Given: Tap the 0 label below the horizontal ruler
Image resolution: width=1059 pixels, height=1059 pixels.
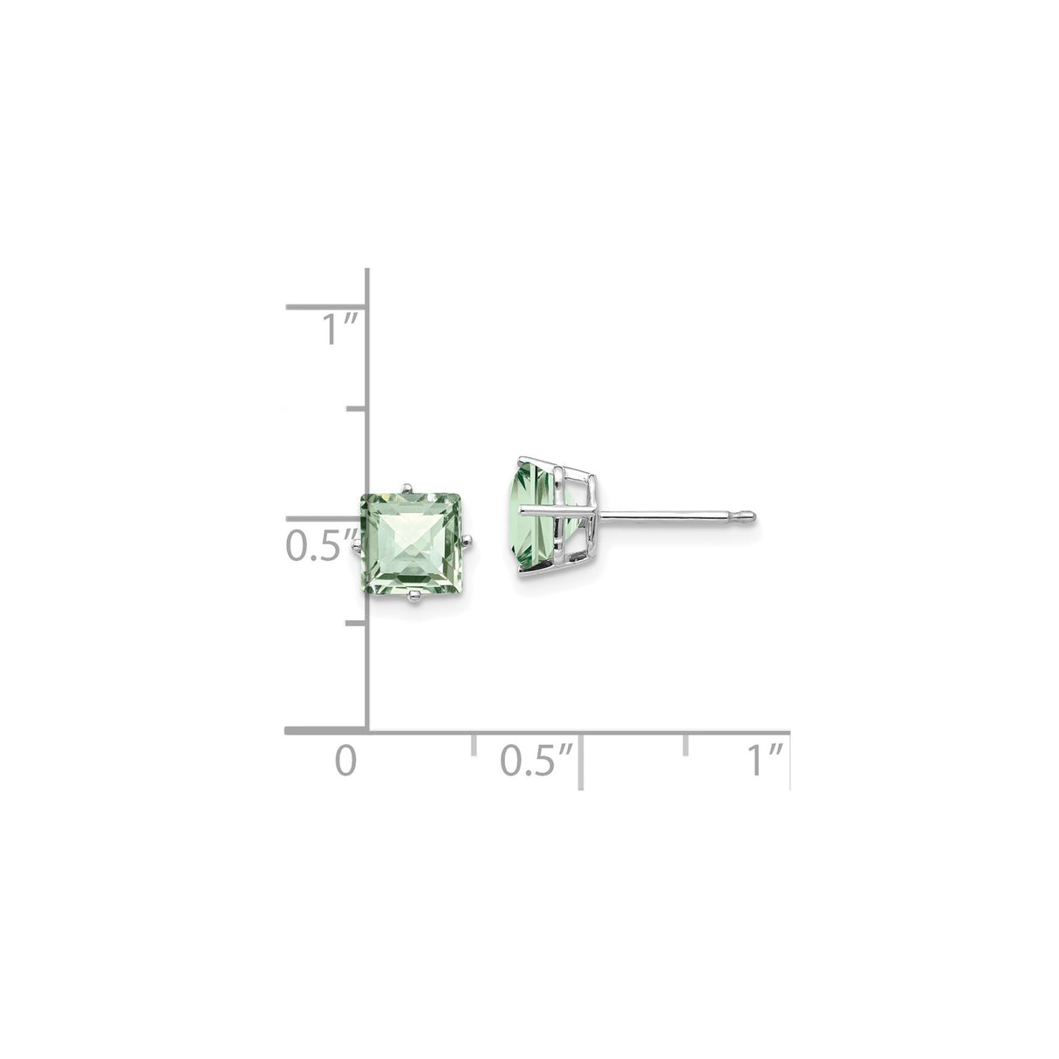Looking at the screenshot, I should point(346,760).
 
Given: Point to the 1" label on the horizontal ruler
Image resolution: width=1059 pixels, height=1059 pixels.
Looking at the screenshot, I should point(766,760).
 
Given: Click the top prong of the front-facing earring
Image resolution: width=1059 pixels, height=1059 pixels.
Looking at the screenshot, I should point(405,485).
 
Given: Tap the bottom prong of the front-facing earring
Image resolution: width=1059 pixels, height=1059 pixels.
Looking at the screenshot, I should point(416,597).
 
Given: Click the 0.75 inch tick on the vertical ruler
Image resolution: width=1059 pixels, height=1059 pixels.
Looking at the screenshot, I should point(356,407).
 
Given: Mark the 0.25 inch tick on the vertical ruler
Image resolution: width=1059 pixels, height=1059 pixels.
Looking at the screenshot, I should point(356,623).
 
